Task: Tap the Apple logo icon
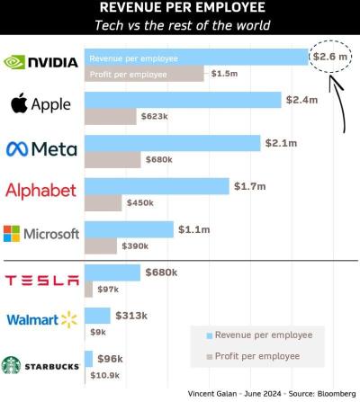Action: [19, 104]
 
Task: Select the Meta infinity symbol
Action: [17, 147]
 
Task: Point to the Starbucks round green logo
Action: [11, 365]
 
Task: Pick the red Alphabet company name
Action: [41, 191]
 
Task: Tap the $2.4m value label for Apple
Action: [301, 99]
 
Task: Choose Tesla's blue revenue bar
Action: [112, 272]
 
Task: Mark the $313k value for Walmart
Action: [130, 315]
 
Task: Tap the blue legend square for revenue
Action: [209, 335]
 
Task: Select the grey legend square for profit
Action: [209, 356]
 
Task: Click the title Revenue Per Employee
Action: [181, 8]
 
